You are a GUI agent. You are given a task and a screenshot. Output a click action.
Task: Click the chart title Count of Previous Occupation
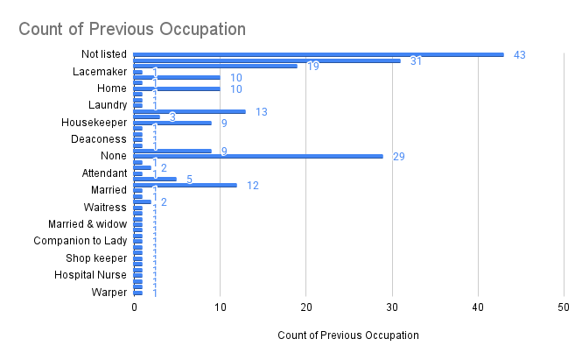pyautogui.click(x=132, y=29)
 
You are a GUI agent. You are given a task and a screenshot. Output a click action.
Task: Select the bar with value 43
pyautogui.click(x=319, y=54)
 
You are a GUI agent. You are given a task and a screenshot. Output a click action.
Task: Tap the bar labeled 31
pyautogui.click(x=267, y=60)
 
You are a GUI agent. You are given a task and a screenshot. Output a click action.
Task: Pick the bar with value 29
pyautogui.click(x=258, y=156)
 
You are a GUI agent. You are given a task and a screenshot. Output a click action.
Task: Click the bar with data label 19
pyautogui.click(x=215, y=66)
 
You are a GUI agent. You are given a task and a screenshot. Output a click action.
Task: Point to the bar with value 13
pyautogui.click(x=190, y=111)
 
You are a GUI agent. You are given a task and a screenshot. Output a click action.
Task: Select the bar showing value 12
pyautogui.click(x=186, y=185)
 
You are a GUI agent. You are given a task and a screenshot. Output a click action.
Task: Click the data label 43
pyautogui.click(x=519, y=55)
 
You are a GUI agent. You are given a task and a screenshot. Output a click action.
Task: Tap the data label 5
pyautogui.click(x=189, y=179)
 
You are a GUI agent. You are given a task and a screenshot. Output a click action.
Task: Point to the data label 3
pyautogui.click(x=172, y=116)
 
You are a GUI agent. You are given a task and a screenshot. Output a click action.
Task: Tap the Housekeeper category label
pyautogui.click(x=94, y=123)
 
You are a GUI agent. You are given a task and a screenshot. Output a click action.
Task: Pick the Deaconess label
pyautogui.click(x=99, y=139)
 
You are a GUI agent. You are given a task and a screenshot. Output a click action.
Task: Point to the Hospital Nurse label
pyautogui.click(x=91, y=275)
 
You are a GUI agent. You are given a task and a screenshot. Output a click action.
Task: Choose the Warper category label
pyautogui.click(x=109, y=292)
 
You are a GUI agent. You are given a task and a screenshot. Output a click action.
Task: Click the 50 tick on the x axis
pyautogui.click(x=563, y=308)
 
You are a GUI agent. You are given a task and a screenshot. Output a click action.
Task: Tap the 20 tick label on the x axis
pyautogui.click(x=305, y=308)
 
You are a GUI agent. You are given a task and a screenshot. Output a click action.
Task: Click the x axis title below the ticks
pyautogui.click(x=347, y=335)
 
